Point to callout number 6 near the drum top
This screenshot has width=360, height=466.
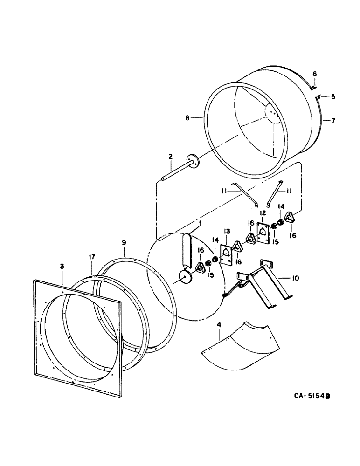pyautogui.click(x=314, y=74)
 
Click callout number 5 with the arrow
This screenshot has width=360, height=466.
pyautogui.click(x=333, y=96)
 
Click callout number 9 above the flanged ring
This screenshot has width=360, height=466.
pyautogui.click(x=124, y=242)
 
